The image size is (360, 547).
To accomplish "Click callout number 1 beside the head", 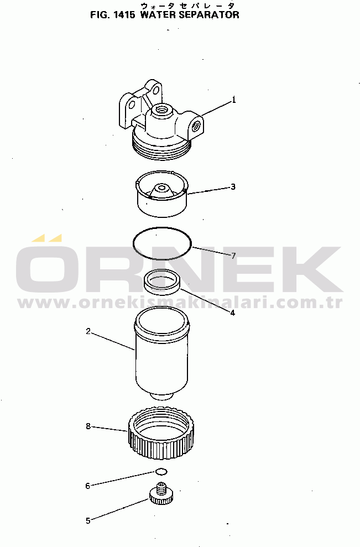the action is pyautogui.click(x=234, y=100).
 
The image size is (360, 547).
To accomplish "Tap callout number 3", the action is pyautogui.click(x=233, y=187).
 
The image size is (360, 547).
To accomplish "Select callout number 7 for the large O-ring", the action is pyautogui.click(x=234, y=256).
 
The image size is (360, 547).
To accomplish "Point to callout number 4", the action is pyautogui.click(x=233, y=312).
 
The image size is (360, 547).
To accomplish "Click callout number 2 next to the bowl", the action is pyautogui.click(x=88, y=331).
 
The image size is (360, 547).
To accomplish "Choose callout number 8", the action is pyautogui.click(x=88, y=426).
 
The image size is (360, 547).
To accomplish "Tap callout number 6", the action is pyautogui.click(x=87, y=486).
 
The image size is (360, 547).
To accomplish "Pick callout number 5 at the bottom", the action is pyautogui.click(x=88, y=521).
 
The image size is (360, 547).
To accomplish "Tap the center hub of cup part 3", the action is pyautogui.click(x=161, y=189).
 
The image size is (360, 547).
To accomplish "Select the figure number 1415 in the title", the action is pyautogui.click(x=124, y=14).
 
